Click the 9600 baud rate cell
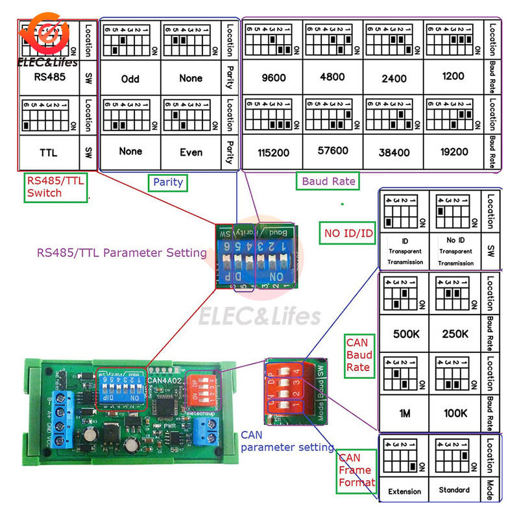(x=272, y=77)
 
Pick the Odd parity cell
(x=130, y=79)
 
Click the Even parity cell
(x=190, y=152)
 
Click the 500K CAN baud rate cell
(x=406, y=333)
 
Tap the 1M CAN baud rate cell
(x=405, y=413)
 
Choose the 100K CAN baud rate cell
(x=456, y=413)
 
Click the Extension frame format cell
(x=404, y=492)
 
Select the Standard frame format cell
(x=454, y=490)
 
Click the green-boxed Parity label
(x=167, y=182)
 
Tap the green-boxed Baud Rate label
(x=328, y=181)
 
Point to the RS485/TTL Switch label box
(x=54, y=187)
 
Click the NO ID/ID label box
(x=348, y=233)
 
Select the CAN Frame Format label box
(x=356, y=470)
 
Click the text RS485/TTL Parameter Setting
(x=121, y=253)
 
